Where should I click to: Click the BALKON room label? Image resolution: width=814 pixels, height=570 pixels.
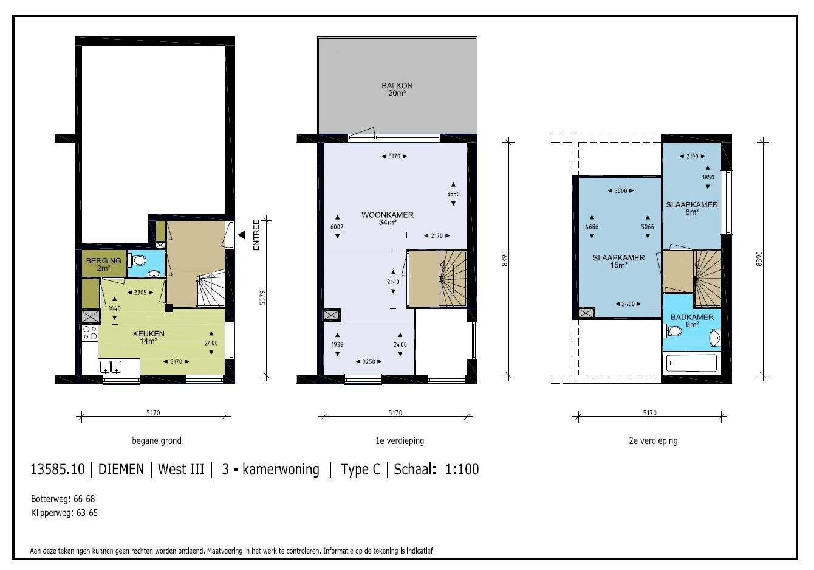click(x=397, y=86)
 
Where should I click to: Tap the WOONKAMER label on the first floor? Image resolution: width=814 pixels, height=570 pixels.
click(x=388, y=215)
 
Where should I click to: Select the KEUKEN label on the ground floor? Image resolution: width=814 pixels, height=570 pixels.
click(x=149, y=333)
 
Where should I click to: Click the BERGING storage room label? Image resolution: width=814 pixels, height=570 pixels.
click(x=103, y=260)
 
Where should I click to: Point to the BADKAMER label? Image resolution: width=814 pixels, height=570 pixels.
click(x=692, y=317)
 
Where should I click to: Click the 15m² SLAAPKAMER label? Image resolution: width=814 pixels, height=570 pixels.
click(x=618, y=258)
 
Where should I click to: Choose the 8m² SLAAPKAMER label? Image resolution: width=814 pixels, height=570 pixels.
click(x=692, y=204)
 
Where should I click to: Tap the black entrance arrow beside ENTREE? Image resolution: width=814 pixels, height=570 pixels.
click(x=242, y=235)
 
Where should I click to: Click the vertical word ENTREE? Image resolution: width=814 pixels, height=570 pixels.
click(x=256, y=235)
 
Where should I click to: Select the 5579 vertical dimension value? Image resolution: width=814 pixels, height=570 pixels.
click(x=263, y=297)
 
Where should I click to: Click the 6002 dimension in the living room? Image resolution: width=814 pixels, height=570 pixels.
click(x=337, y=227)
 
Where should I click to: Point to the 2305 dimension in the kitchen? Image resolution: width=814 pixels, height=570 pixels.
click(x=140, y=292)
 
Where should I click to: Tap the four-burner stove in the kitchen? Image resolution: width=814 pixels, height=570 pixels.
click(x=90, y=333)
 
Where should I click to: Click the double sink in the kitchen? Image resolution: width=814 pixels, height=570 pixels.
click(x=111, y=367)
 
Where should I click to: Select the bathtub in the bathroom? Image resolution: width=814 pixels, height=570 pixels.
click(x=691, y=363)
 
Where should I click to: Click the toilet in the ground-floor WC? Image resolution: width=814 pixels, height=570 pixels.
click(x=137, y=260)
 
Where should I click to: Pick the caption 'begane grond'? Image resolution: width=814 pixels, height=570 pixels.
click(x=157, y=441)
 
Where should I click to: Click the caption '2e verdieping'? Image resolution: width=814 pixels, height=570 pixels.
click(x=653, y=441)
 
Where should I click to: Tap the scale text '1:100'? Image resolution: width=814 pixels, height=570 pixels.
click(x=462, y=469)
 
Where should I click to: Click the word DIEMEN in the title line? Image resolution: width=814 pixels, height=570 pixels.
click(x=121, y=469)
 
